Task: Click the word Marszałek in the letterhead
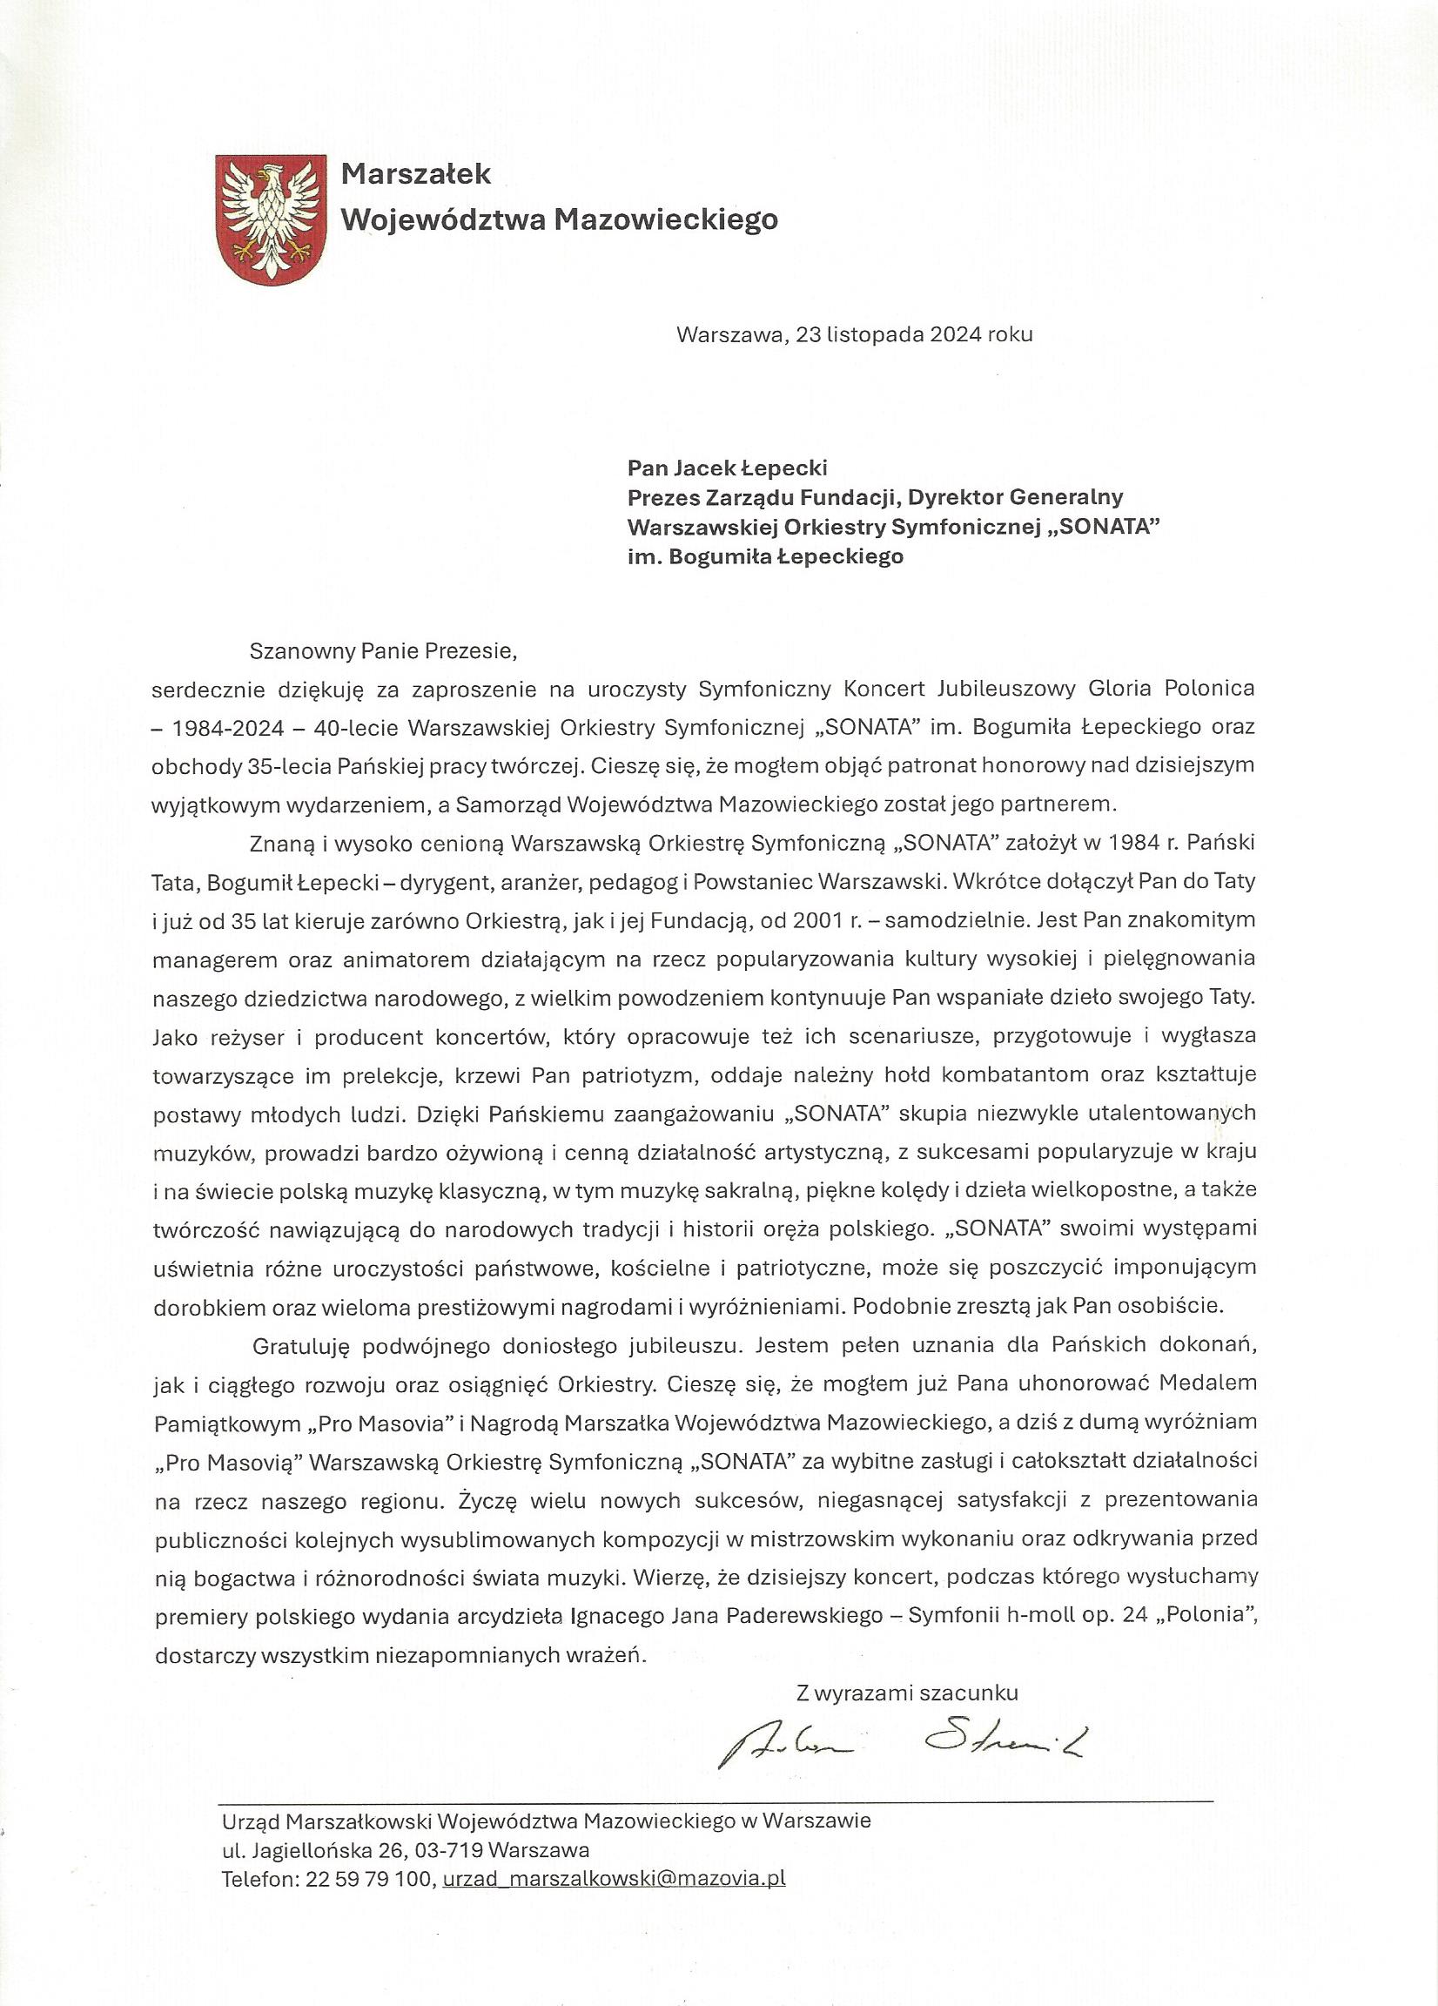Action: pos(416,174)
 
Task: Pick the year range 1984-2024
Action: pos(230,728)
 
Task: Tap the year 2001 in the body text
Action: pos(819,920)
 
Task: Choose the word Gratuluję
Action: pos(301,1345)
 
